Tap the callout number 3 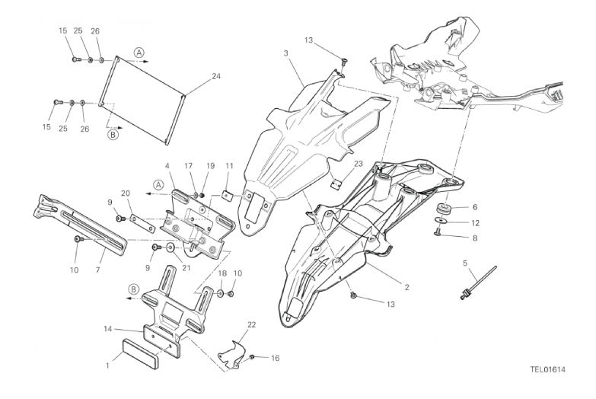[285, 53]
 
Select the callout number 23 [359, 163]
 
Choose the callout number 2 [406, 287]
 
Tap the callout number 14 [108, 328]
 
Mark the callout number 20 [126, 193]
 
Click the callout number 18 [222, 273]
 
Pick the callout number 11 [229, 165]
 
